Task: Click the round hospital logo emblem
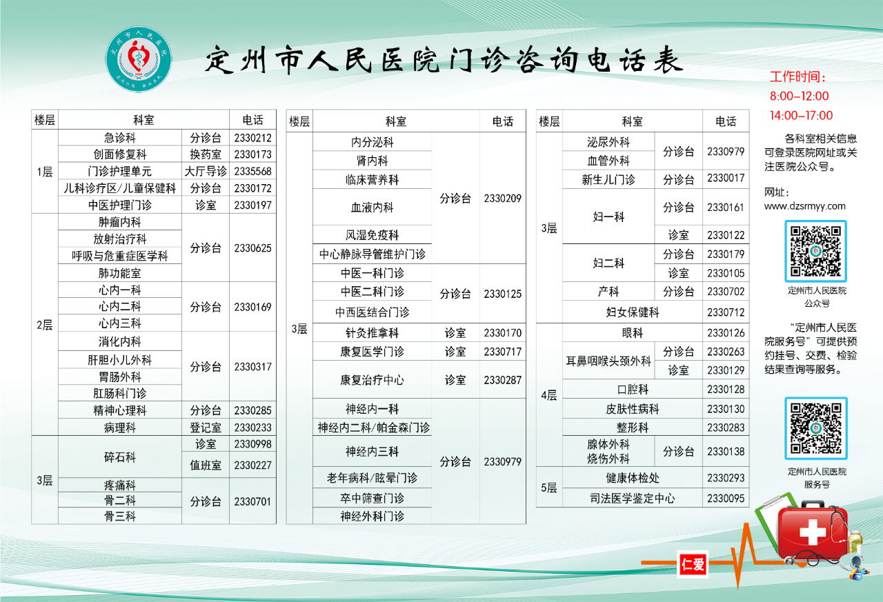(139, 59)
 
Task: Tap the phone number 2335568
(252, 172)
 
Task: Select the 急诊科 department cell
(120, 138)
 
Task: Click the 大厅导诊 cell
(206, 172)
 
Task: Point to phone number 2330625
(252, 248)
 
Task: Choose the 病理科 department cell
(120, 428)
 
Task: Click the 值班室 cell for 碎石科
(206, 465)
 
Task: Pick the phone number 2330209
(503, 198)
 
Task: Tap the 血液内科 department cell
(372, 208)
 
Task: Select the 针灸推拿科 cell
(372, 333)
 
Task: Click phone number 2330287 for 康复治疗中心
(503, 380)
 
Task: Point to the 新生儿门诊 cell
(608, 180)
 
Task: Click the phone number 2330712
(726, 312)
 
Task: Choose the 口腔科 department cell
(633, 390)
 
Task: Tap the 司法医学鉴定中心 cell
(633, 499)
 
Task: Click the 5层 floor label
(548, 488)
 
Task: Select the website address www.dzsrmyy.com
(804, 206)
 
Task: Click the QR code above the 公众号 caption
(815, 252)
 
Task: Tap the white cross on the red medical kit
(813, 532)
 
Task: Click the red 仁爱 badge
(693, 564)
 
